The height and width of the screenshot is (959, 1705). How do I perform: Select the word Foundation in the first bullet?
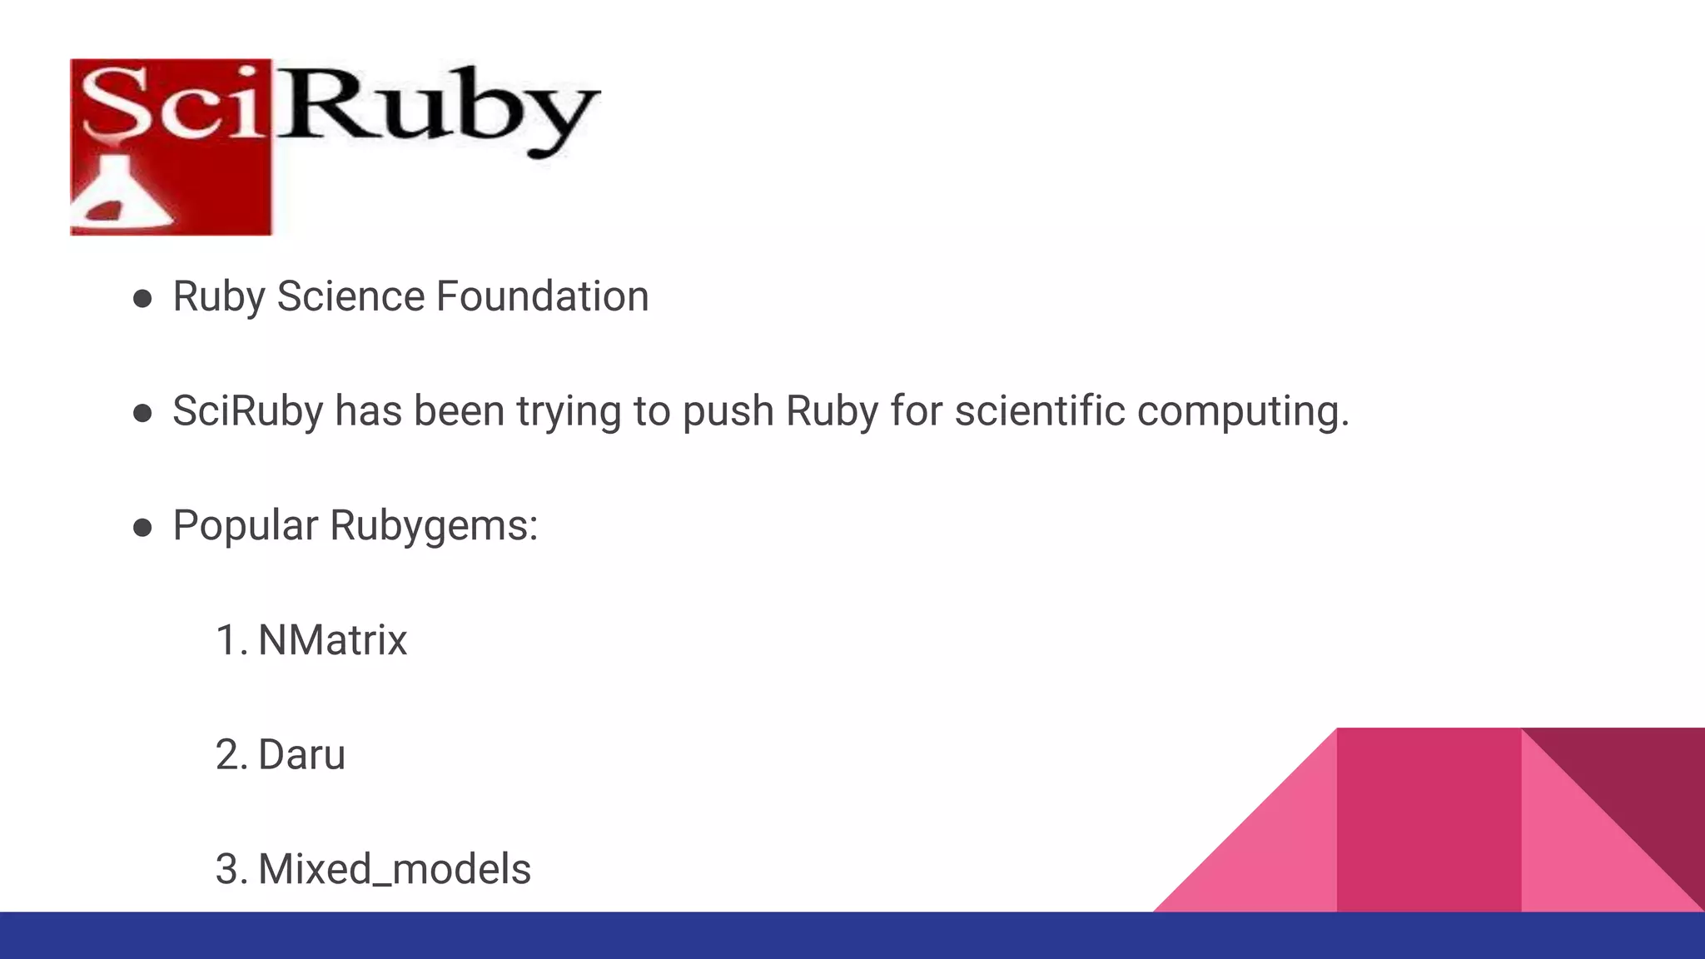542,296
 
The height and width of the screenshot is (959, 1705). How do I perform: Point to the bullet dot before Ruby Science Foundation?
142,299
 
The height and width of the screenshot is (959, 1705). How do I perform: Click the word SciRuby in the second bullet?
247,411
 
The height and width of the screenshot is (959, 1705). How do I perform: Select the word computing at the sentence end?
1242,411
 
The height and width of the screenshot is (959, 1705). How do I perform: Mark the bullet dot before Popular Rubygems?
142,528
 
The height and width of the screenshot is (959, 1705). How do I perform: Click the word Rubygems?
434,526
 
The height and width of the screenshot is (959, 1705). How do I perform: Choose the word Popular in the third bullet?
246,526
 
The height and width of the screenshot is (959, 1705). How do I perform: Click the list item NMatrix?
332,640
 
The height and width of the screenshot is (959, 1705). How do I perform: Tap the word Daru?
301,755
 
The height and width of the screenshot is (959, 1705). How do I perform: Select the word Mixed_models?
395,869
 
